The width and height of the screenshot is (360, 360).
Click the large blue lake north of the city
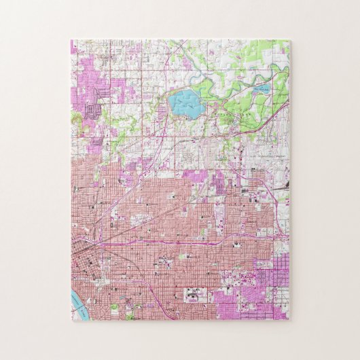185,104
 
